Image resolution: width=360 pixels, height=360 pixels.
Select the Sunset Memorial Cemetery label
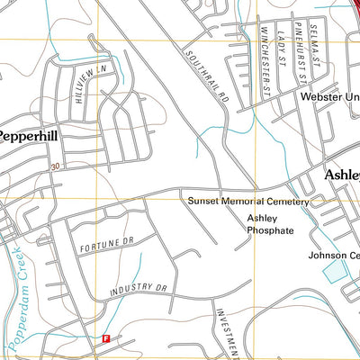tap(247, 202)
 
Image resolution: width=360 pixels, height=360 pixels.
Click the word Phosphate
tap(270, 230)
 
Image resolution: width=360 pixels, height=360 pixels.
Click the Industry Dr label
tap(139, 290)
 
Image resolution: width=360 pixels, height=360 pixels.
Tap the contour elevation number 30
tap(56, 166)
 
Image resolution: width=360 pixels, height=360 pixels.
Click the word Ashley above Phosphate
tap(262, 218)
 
